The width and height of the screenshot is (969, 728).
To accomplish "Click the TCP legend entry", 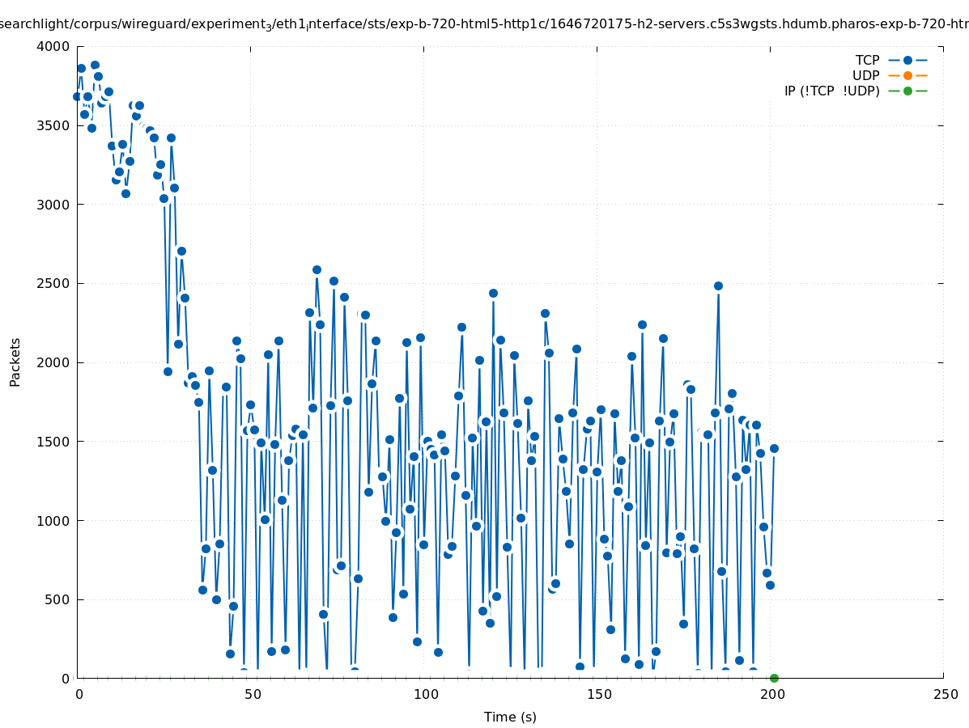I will (867, 60).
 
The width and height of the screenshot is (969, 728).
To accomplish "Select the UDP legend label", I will (865, 75).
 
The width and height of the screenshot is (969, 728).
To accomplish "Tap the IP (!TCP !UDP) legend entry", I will (831, 91).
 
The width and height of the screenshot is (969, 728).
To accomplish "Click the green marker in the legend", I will (907, 91).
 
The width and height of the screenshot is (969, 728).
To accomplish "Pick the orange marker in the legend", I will (907, 75).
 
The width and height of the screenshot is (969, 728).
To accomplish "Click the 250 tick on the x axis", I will (944, 694).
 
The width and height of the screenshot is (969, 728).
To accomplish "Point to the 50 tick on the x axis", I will (251, 694).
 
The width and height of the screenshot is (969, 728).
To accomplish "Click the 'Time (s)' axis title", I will (510, 717).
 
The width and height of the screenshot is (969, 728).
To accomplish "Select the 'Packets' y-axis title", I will (15, 362).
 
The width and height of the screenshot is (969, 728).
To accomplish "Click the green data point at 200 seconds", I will (774, 678).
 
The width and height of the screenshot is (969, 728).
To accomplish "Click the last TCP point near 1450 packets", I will (774, 448).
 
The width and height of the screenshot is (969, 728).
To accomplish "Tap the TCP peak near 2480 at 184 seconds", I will (718, 286).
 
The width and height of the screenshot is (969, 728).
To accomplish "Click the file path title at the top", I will (484, 24).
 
